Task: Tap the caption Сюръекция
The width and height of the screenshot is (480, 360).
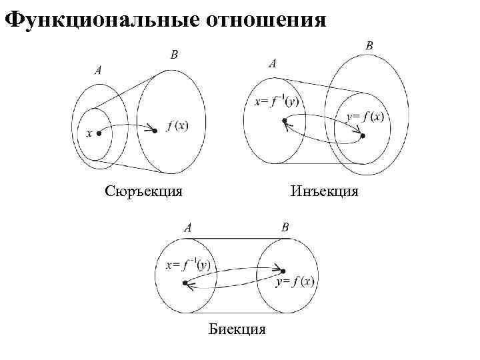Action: pos(144,191)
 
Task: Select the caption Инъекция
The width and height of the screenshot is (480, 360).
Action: pos(325,191)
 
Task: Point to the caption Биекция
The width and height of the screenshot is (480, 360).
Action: pos(237,329)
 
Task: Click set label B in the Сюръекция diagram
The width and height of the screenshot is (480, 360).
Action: pos(174,54)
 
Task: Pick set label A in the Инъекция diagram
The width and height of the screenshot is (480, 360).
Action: pos(273,64)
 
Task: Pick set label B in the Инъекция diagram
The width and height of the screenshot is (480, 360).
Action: pos(369,45)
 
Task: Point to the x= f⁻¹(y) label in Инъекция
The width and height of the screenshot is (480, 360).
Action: pos(277,102)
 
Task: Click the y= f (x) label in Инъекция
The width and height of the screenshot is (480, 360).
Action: pos(365,117)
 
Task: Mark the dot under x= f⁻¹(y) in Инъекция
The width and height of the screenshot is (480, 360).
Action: pos(285,121)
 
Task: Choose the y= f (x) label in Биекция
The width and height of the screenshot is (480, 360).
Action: pos(295,281)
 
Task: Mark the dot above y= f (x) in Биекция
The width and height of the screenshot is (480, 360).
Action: pos(283,271)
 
